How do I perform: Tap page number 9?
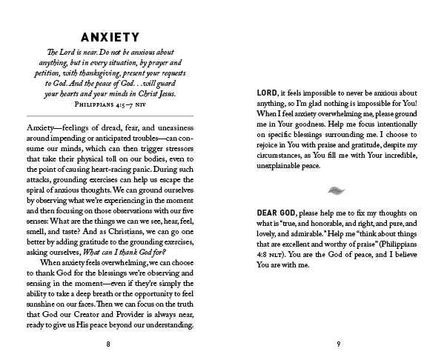(x=338, y=344)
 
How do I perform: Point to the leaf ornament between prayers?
(x=337, y=190)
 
